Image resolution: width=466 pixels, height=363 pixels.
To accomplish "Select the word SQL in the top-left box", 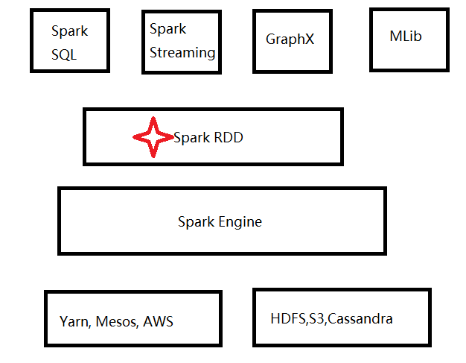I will (64, 55).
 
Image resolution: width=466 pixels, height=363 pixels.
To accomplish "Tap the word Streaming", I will (182, 53).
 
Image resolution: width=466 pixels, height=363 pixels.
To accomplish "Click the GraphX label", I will (290, 40).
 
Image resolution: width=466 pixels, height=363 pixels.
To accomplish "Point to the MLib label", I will (406, 36).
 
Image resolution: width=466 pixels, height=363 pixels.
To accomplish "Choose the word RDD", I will (229, 138).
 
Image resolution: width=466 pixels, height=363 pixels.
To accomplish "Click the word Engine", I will (240, 222).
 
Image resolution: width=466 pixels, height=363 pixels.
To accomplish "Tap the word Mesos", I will (118, 322).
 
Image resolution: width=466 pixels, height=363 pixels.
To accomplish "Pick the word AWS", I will (158, 322).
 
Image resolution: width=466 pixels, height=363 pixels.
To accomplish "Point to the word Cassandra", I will (360, 319).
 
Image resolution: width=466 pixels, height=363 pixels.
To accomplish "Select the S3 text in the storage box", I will (316, 319).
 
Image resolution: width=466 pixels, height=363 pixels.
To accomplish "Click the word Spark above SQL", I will (69, 31).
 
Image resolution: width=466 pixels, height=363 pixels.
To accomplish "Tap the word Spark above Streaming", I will (167, 29).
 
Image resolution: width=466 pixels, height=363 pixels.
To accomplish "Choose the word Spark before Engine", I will (196, 222).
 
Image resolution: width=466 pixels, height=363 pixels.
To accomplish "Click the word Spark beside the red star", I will (191, 138).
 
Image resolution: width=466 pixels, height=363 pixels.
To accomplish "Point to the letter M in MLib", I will (395, 36).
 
